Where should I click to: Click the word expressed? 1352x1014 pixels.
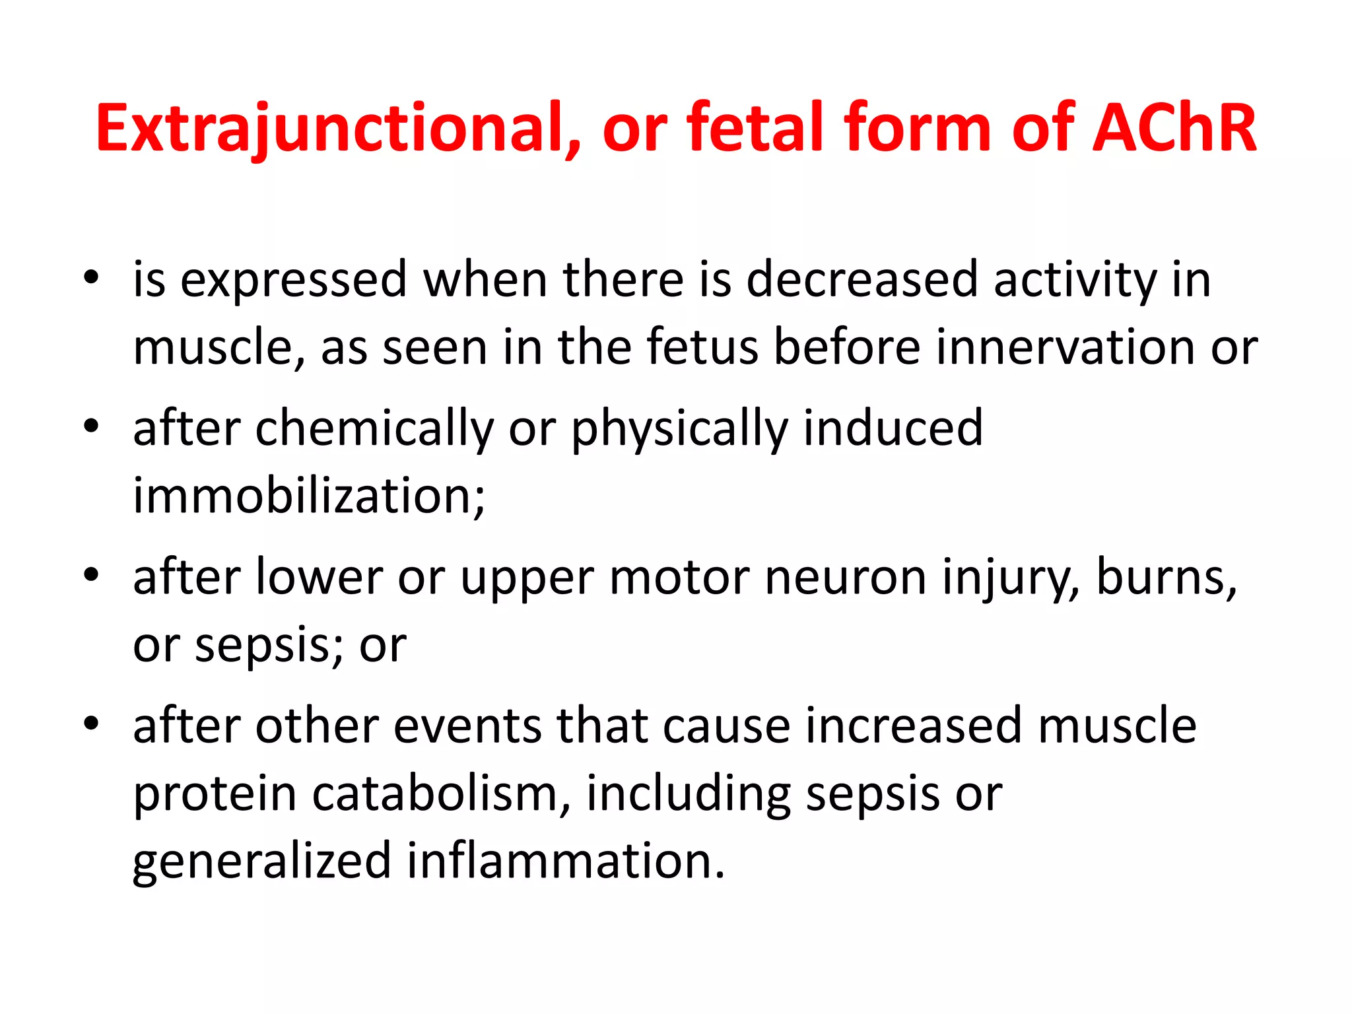pyautogui.click(x=293, y=280)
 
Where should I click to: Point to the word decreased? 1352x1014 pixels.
pyautogui.click(x=861, y=280)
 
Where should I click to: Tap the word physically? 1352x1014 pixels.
pyautogui.click(x=680, y=429)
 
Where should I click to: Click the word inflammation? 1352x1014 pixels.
pyautogui.click(x=565, y=861)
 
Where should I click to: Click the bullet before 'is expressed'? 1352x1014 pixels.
pyautogui.click(x=91, y=277)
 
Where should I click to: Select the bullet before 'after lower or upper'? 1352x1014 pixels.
pyautogui.click(x=91, y=575)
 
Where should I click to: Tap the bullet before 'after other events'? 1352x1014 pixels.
pyautogui.click(x=91, y=724)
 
